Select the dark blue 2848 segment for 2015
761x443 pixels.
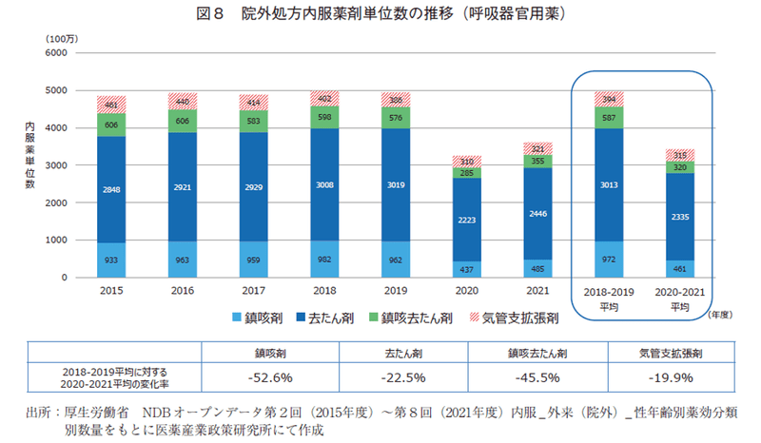112,189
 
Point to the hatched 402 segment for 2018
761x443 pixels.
326,98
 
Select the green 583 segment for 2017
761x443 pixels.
255,121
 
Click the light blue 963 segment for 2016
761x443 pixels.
184,259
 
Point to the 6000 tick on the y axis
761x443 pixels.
57,52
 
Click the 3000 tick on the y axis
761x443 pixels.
57,165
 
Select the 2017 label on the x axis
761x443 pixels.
255,290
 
